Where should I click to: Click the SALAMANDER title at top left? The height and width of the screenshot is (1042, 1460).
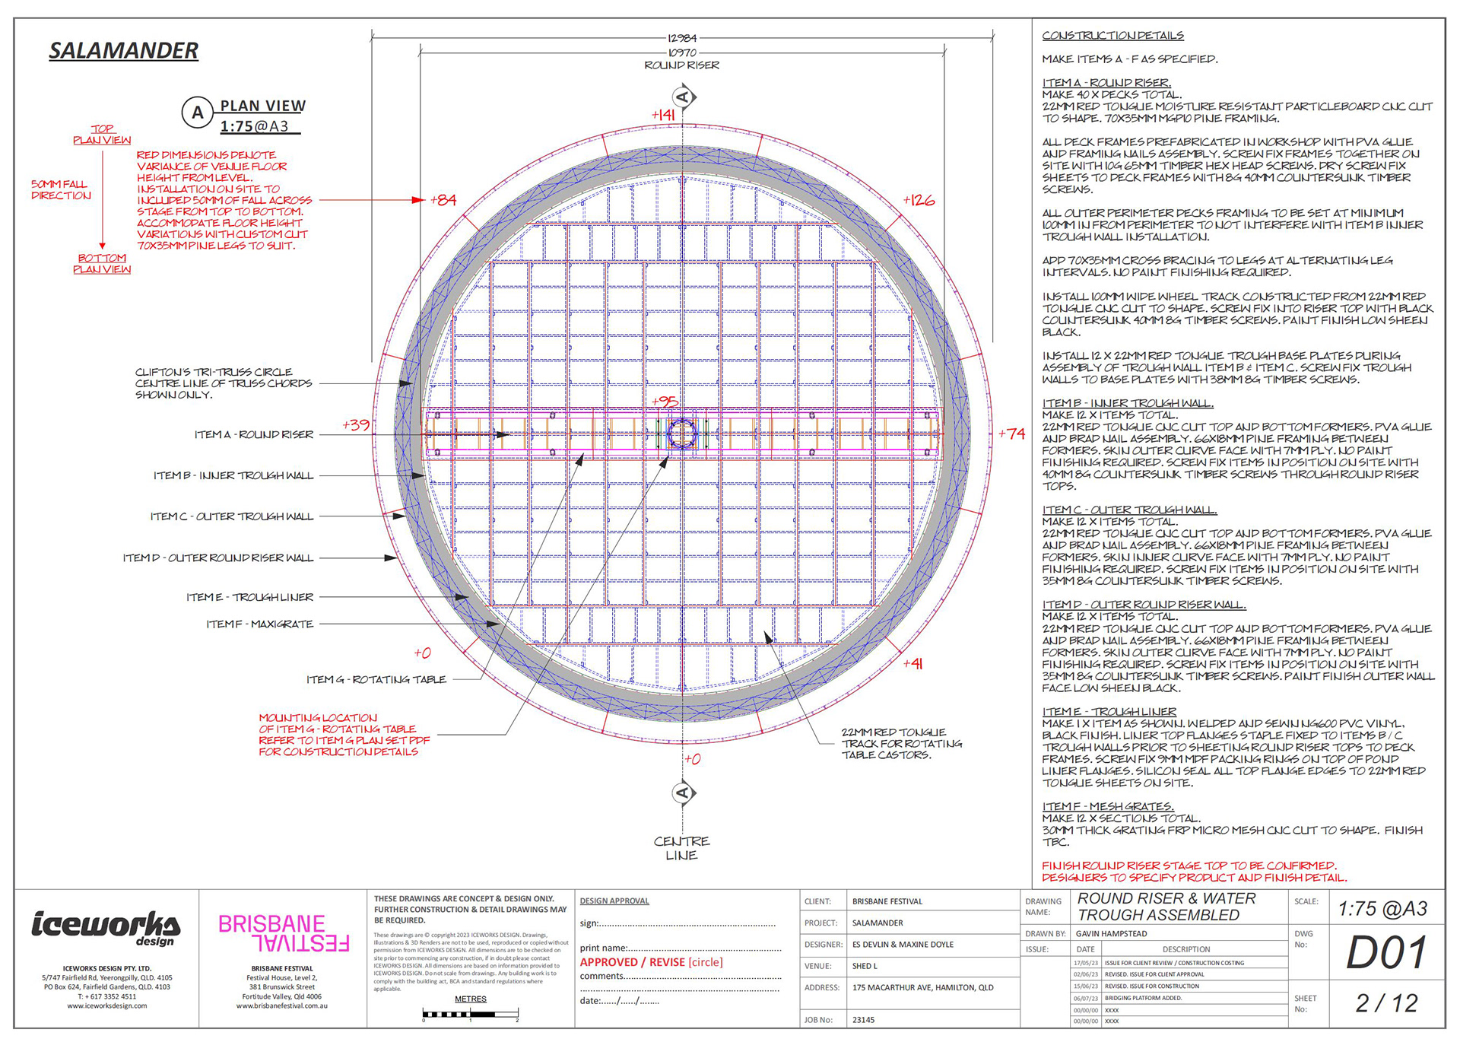click(123, 51)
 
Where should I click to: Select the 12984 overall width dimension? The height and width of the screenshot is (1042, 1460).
click(682, 38)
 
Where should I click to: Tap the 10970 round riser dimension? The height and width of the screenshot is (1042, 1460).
click(682, 52)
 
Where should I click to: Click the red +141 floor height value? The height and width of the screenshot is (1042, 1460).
click(663, 115)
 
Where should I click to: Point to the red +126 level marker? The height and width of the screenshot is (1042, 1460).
click(919, 200)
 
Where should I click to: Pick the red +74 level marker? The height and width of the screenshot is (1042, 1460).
click(1012, 434)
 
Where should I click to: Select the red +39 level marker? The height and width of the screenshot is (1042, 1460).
click(356, 425)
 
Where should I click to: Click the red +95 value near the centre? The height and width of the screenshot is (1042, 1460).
click(665, 402)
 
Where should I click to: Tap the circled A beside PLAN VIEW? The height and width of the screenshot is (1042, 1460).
click(198, 113)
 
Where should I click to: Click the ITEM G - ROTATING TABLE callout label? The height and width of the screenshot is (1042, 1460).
click(376, 679)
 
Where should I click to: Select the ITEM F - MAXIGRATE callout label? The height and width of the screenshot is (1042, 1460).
click(259, 624)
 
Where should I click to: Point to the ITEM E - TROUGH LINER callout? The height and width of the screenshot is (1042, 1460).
click(249, 597)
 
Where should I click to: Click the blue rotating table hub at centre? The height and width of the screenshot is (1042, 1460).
click(682, 434)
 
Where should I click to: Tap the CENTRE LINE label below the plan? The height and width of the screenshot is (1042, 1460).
click(681, 848)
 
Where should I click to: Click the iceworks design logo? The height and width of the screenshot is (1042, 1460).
click(106, 927)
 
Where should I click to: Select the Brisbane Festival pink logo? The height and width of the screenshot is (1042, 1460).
click(283, 933)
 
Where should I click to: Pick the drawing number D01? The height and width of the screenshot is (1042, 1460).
click(1386, 953)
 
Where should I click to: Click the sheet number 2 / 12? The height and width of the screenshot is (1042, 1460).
click(1386, 1003)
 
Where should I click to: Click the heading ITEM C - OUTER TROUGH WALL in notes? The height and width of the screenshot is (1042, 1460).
click(1129, 510)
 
